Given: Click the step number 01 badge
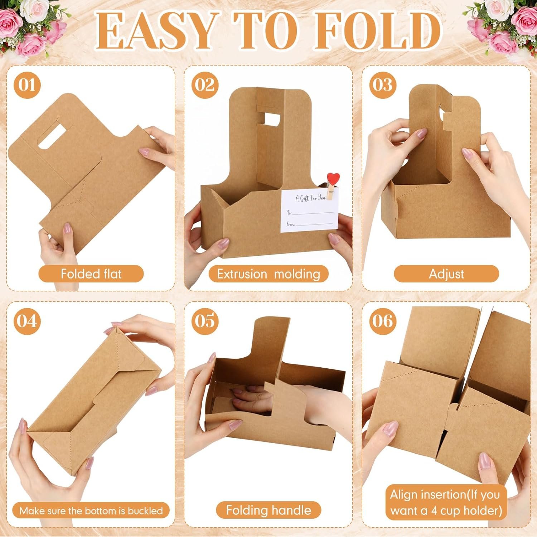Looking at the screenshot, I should click(27, 85).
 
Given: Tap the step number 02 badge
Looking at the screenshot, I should click(205, 85).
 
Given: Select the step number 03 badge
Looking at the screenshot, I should click(383, 85).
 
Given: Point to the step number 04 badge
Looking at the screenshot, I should click(27, 321).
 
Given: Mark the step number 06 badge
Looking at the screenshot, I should click(383, 321).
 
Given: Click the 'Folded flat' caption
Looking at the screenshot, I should click(91, 274).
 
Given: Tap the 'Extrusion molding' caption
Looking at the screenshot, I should click(268, 274).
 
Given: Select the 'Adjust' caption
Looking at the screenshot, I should click(446, 274).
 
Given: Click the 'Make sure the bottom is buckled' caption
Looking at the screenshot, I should click(91, 510).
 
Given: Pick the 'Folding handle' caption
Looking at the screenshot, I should click(268, 510).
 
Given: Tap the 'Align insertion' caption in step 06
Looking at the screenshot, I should click(446, 503).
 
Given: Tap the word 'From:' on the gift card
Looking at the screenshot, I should click(290, 224).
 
